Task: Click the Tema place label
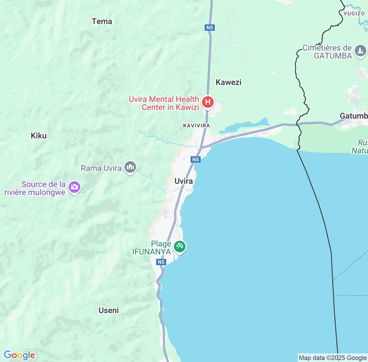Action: tap(102, 21)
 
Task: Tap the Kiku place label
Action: tap(39, 136)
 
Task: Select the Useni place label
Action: tap(109, 310)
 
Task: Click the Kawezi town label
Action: tap(229, 82)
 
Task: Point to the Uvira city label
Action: tap(184, 181)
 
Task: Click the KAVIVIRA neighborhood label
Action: tap(197, 126)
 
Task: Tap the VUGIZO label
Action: tap(354, 14)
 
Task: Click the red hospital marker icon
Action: tap(208, 102)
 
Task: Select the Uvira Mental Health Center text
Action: tap(164, 103)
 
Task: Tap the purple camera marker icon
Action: tap(74, 187)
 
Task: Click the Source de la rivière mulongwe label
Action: tap(35, 188)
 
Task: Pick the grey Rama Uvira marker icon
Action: tap(130, 167)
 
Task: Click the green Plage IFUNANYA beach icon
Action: tap(180, 247)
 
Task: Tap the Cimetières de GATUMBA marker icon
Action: tap(360, 51)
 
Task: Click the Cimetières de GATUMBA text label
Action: tap(327, 52)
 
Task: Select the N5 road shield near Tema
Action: tap(210, 28)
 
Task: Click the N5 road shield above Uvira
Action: tap(195, 159)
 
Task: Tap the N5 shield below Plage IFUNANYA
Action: tap(161, 262)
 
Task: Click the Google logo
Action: tap(19, 355)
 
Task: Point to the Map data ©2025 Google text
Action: tap(333, 358)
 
